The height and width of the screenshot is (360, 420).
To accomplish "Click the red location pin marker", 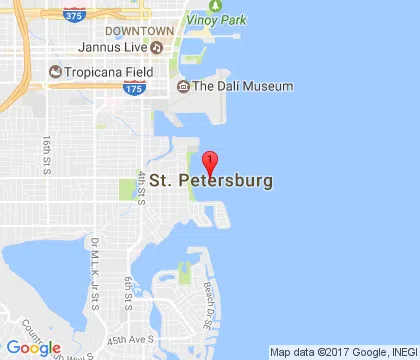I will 209,163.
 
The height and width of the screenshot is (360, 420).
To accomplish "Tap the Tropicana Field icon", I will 54,71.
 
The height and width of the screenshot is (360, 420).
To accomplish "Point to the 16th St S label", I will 45,153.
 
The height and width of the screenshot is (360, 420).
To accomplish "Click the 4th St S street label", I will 142,189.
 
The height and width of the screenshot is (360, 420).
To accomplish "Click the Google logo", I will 33,348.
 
